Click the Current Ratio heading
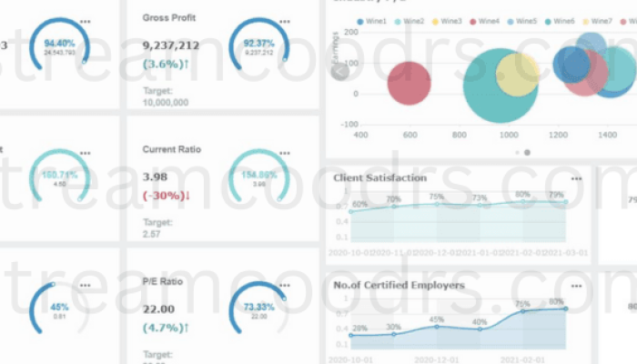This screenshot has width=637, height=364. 172,149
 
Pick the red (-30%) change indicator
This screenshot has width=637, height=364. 167,196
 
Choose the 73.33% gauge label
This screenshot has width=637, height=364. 258,308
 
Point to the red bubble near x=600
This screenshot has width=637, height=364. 409,84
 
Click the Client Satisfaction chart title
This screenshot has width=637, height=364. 379,177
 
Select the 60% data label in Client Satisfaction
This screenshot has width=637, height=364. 359,204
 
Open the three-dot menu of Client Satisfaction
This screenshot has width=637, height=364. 576,178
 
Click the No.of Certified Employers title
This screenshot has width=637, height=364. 399,285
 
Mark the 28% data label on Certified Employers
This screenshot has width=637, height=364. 359,328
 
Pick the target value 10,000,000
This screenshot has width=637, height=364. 166,103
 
